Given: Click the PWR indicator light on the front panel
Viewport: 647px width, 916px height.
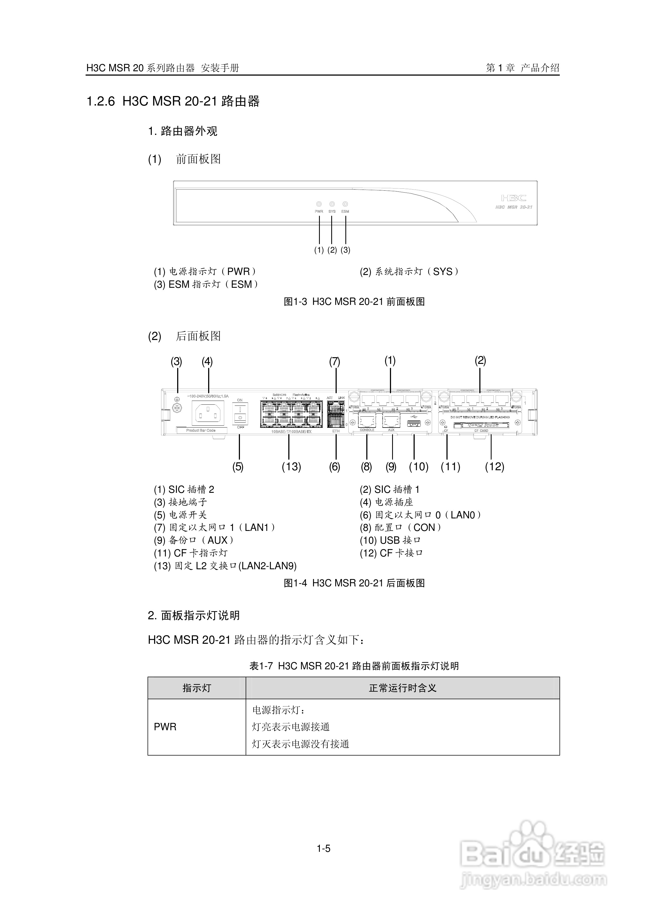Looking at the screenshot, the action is (x=319, y=204).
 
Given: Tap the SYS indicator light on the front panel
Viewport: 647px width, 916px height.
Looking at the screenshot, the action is (x=332, y=204).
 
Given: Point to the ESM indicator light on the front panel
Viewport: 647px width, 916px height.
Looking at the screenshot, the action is (x=345, y=204).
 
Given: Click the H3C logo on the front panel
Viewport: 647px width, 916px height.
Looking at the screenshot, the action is (x=514, y=198).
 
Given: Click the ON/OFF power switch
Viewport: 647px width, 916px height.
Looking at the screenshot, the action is (x=240, y=413).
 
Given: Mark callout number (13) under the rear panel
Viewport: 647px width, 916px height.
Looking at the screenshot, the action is (x=291, y=467).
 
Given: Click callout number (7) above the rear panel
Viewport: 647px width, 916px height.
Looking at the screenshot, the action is (x=335, y=362).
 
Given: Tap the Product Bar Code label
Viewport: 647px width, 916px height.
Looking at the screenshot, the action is (x=201, y=431).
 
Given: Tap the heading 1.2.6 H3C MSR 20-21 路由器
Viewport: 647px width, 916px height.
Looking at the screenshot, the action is (x=173, y=101).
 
